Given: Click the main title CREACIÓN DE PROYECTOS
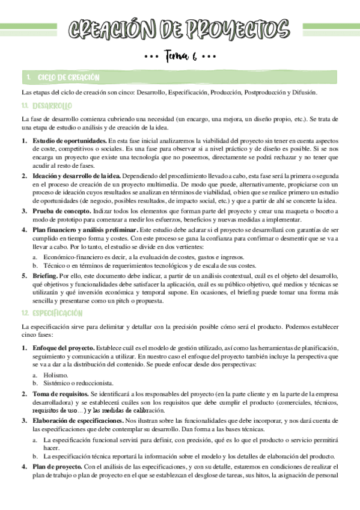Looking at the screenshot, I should click(x=180, y=29).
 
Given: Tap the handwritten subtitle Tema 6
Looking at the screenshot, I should click(x=180, y=57).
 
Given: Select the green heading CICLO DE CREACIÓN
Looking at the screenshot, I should click(x=68, y=78).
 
